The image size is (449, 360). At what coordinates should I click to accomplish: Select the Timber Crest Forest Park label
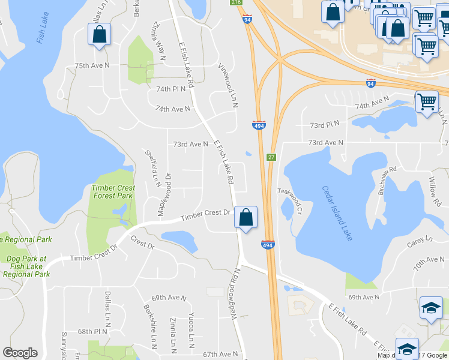[x=112, y=191]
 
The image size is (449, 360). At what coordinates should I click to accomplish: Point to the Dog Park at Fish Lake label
[x=26, y=266]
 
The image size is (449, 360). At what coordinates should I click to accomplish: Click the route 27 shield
[x=271, y=157]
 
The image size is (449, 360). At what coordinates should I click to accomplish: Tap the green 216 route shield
[x=236, y=2]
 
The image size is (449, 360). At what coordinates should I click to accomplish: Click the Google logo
[x=20, y=353]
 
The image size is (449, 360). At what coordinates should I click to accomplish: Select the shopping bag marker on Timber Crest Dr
[x=246, y=217]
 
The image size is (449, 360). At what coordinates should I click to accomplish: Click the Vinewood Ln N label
[x=228, y=86]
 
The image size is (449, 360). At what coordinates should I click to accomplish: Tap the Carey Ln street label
[x=420, y=241]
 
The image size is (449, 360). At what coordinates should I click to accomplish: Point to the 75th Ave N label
[x=92, y=65]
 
